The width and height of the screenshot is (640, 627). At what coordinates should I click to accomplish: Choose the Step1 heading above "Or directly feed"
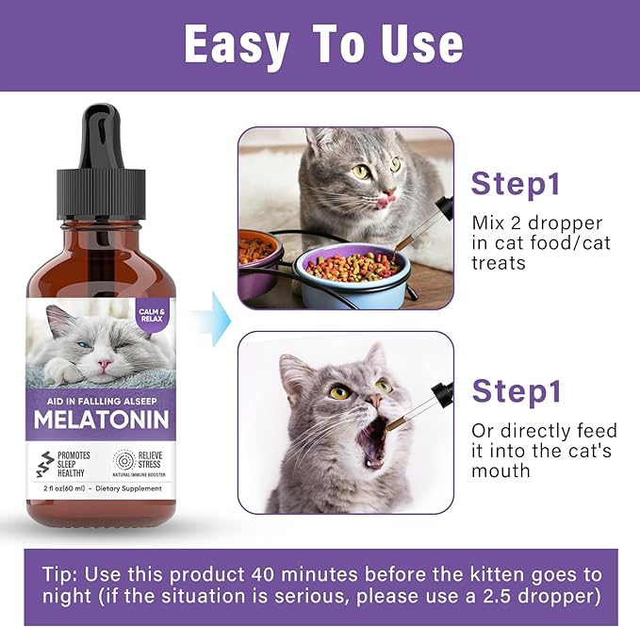[516, 390]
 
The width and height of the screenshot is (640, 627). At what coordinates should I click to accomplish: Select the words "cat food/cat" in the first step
[541, 243]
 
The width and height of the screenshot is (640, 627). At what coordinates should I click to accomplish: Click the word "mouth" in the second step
[501, 470]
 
